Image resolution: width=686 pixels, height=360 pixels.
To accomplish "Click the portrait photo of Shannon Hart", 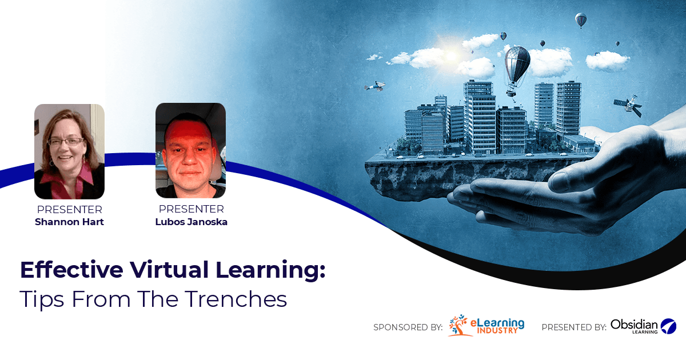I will [69, 151].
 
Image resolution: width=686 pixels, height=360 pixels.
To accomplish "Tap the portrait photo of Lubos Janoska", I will [190, 150].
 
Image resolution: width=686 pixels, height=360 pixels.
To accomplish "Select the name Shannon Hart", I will [69, 222].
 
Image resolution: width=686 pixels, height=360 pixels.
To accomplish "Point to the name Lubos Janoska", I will [191, 222].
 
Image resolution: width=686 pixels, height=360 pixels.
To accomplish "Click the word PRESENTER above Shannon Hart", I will [69, 210].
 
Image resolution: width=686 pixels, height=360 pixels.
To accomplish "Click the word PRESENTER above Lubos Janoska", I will [191, 210].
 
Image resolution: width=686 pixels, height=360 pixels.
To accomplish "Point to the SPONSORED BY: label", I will [408, 327].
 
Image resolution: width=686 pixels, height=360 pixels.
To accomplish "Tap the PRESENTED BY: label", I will [573, 327].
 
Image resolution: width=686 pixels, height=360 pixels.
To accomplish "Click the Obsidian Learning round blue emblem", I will [668, 326].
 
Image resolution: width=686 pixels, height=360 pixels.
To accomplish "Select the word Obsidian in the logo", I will [634, 324].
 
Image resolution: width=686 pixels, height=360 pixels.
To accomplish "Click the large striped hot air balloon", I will [517, 66].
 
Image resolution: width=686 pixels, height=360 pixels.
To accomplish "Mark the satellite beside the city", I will [628, 105].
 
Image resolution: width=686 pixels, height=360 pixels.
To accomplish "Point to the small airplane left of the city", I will [375, 86].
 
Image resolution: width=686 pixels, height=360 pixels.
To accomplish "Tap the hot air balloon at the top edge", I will [581, 20].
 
